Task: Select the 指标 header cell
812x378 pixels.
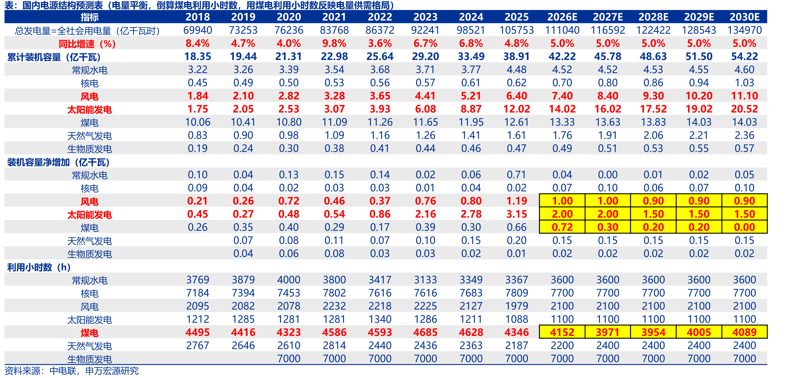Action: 90,17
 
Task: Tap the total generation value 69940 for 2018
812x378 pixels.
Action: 198,30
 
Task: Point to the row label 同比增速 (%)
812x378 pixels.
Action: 87,44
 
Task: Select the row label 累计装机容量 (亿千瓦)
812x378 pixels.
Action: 54,57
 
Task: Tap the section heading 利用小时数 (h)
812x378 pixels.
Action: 39,268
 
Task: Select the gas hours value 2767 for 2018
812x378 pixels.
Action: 198,345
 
